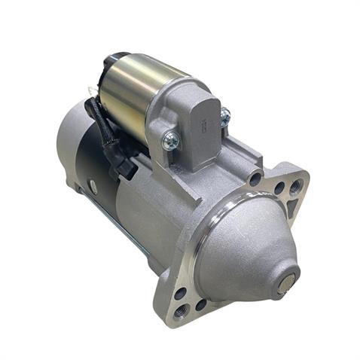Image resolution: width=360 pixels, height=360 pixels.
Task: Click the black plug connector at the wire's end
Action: (124, 162)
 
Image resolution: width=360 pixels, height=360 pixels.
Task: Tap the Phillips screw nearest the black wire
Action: (171, 139)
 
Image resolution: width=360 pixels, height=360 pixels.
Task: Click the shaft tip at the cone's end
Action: (284, 285)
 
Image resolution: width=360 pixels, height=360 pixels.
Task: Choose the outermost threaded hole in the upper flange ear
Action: (294, 185)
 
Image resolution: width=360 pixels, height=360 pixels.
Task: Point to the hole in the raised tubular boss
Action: (257, 178)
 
